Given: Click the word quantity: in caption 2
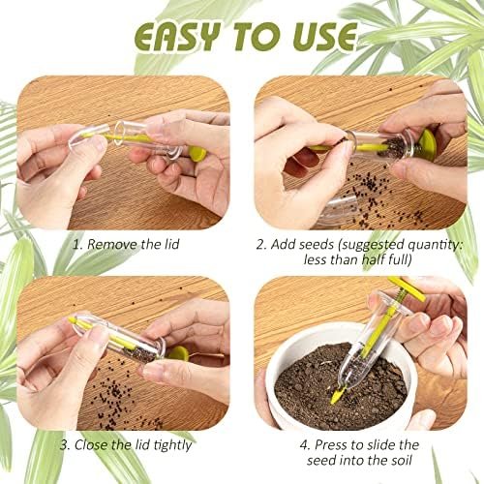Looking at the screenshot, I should click(431, 244).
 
